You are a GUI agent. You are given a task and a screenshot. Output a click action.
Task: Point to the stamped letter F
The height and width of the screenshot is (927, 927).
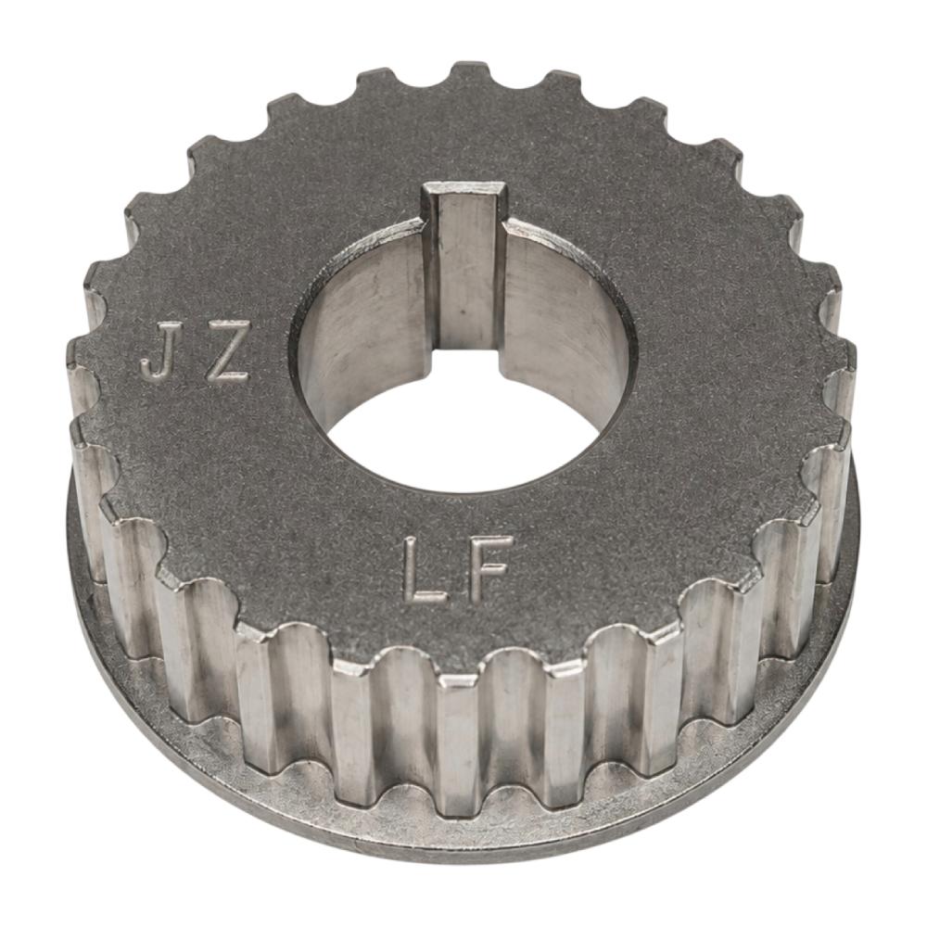[x=489, y=569]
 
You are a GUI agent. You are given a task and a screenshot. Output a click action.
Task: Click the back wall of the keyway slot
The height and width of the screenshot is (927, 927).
[x=467, y=272]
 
